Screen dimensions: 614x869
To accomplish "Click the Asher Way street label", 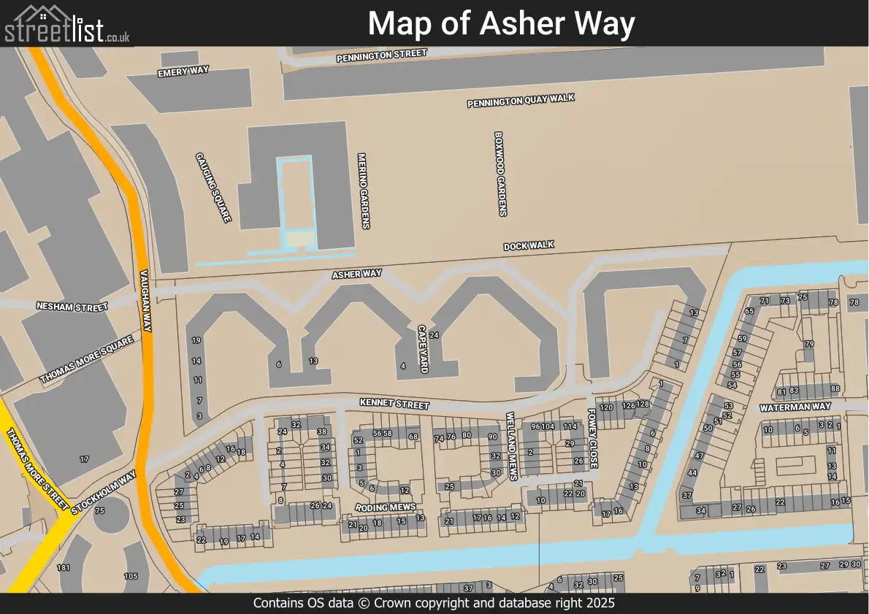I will pyautogui.click(x=357, y=275).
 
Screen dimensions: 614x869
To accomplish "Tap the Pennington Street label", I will pyautogui.click(x=381, y=56).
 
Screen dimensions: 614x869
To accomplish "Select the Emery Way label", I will pyautogui.click(x=183, y=71).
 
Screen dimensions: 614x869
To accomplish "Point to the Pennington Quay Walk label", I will pyautogui.click(x=521, y=101).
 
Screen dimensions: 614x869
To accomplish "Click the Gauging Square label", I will pyautogui.click(x=213, y=188).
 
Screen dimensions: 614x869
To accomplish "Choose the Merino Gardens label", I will pyautogui.click(x=363, y=191).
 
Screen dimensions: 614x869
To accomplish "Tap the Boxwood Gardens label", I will pyautogui.click(x=500, y=174).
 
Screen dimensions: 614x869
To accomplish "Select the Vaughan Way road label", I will pyautogui.click(x=145, y=300).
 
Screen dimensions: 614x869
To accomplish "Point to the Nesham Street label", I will pyautogui.click(x=72, y=307).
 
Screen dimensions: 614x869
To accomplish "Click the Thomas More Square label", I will pyautogui.click(x=86, y=360).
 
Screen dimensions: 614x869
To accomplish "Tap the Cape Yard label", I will pyautogui.click(x=422, y=349).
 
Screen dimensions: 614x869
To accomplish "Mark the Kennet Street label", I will pyautogui.click(x=394, y=404).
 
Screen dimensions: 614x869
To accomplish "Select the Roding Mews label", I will pyautogui.click(x=385, y=507).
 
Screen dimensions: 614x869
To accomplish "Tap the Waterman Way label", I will pyautogui.click(x=795, y=407).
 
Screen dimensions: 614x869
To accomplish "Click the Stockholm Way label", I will pyautogui.click(x=104, y=494).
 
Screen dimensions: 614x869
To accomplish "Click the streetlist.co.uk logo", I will pyautogui.click(x=66, y=24).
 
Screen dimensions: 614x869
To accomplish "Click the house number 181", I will pyautogui.click(x=64, y=568).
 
